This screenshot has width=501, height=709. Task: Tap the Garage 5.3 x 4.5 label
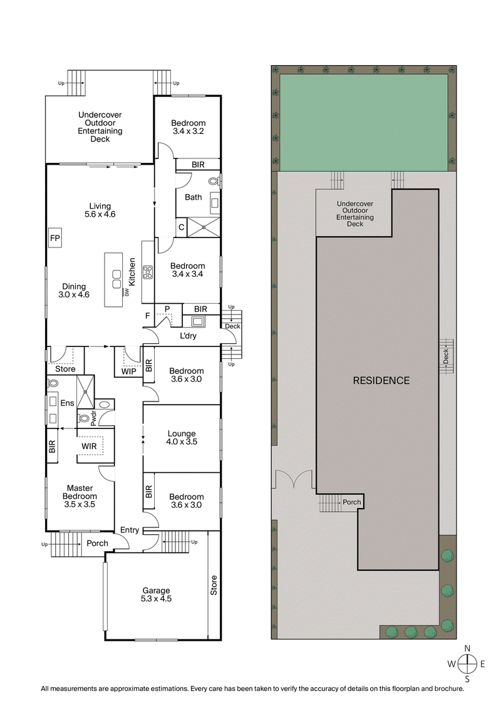pos(156,594)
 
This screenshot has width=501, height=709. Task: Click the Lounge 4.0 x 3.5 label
pos(182,437)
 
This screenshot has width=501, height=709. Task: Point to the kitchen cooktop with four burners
pos(148,272)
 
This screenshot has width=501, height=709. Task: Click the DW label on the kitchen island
pos(127,292)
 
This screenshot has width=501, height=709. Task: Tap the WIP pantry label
pos(129,371)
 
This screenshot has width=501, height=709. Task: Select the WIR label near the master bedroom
pos(88,446)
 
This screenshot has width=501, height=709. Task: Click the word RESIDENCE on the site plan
pos(381,380)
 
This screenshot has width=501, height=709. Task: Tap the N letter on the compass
pos(467,649)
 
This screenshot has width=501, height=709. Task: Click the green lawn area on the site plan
pos(363,122)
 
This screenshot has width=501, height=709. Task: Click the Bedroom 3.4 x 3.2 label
pos(189,127)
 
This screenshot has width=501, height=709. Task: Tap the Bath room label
pos(193,197)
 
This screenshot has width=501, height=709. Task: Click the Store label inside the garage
pos(214,585)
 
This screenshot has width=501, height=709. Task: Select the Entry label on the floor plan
pos(130,530)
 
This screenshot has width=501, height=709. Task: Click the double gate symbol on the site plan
pos(294,480)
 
